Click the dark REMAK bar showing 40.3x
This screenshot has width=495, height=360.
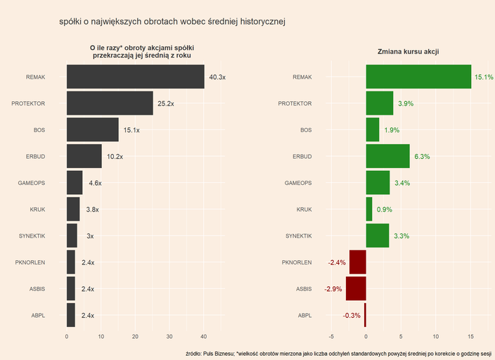pos(135,77)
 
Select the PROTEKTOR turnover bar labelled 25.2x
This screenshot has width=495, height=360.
pos(110,103)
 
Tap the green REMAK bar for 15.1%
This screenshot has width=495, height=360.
pos(418,77)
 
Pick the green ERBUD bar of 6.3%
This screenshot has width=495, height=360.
pos(387,156)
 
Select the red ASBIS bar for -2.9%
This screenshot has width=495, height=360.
pos(356,288)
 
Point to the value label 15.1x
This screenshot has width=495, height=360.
pos(131,130)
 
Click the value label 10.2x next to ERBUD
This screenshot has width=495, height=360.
pos(115,157)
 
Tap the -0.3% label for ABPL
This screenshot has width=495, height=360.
pos(352,316)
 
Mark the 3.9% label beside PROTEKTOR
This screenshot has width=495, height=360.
pos(406,103)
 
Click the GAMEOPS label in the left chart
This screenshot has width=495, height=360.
pos(32,183)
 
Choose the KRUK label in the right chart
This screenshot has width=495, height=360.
pos(304,210)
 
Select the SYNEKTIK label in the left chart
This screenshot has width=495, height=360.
pos(32,236)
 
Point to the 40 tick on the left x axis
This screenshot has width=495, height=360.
pos(204,336)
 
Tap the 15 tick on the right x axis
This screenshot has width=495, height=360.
pos(470,336)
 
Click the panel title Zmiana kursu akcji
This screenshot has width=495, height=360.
pos(409,53)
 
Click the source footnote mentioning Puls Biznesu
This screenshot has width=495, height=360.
pos(338,352)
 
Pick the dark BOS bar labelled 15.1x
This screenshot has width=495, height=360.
pos(93,130)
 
